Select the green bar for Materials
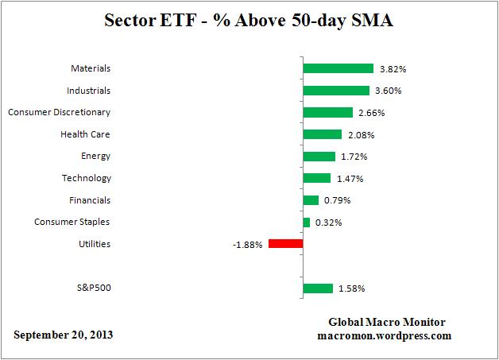pyautogui.click(x=338, y=68)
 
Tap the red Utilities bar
pyautogui.click(x=286, y=244)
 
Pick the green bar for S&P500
pyautogui.click(x=317, y=288)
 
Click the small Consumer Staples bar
pyautogui.click(x=306, y=222)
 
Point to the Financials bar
pyautogui.click(x=311, y=200)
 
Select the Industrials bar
pyautogui.click(x=336, y=91)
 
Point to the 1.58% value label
pyautogui.click(x=351, y=288)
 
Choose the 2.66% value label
pyautogui.click(x=372, y=113)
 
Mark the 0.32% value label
pyautogui.click(x=328, y=223)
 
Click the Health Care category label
pyautogui.click(x=85, y=134)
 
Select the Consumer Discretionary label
pyautogui.click(x=59, y=112)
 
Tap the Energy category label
pyautogui.click(x=95, y=156)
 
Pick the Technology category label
pyautogui.click(x=87, y=178)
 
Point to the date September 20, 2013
pyautogui.click(x=63, y=335)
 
